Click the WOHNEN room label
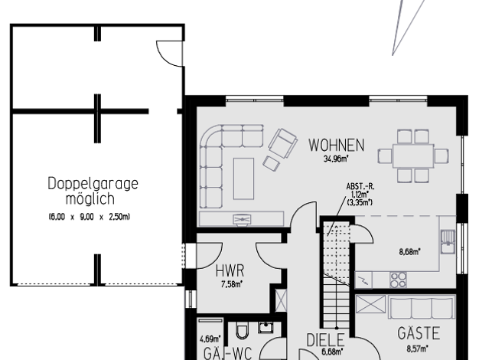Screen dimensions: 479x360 point(336,145)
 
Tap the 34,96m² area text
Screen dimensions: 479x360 point(336,159)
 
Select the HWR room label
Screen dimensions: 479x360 point(230,270)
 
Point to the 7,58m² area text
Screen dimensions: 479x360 point(232,284)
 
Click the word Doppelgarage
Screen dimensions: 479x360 point(93,184)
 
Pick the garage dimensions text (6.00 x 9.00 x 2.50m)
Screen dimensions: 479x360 point(90,217)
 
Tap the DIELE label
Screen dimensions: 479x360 point(325,340)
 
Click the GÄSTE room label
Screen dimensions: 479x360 point(419,333)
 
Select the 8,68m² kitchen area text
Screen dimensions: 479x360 point(409,252)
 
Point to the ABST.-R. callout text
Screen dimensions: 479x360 point(360,187)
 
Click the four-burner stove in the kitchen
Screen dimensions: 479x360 point(398,280)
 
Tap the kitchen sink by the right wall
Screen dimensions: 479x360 point(448,241)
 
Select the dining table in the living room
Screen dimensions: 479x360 point(413,156)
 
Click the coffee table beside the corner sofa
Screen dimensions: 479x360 point(243,178)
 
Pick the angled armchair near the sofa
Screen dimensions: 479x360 point(283,143)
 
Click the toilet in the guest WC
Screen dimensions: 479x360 point(243,332)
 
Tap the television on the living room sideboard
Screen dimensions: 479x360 point(242,219)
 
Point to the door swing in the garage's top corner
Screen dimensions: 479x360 point(170,54)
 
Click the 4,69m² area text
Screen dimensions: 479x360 point(210,339)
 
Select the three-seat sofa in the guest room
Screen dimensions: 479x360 point(422,307)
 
